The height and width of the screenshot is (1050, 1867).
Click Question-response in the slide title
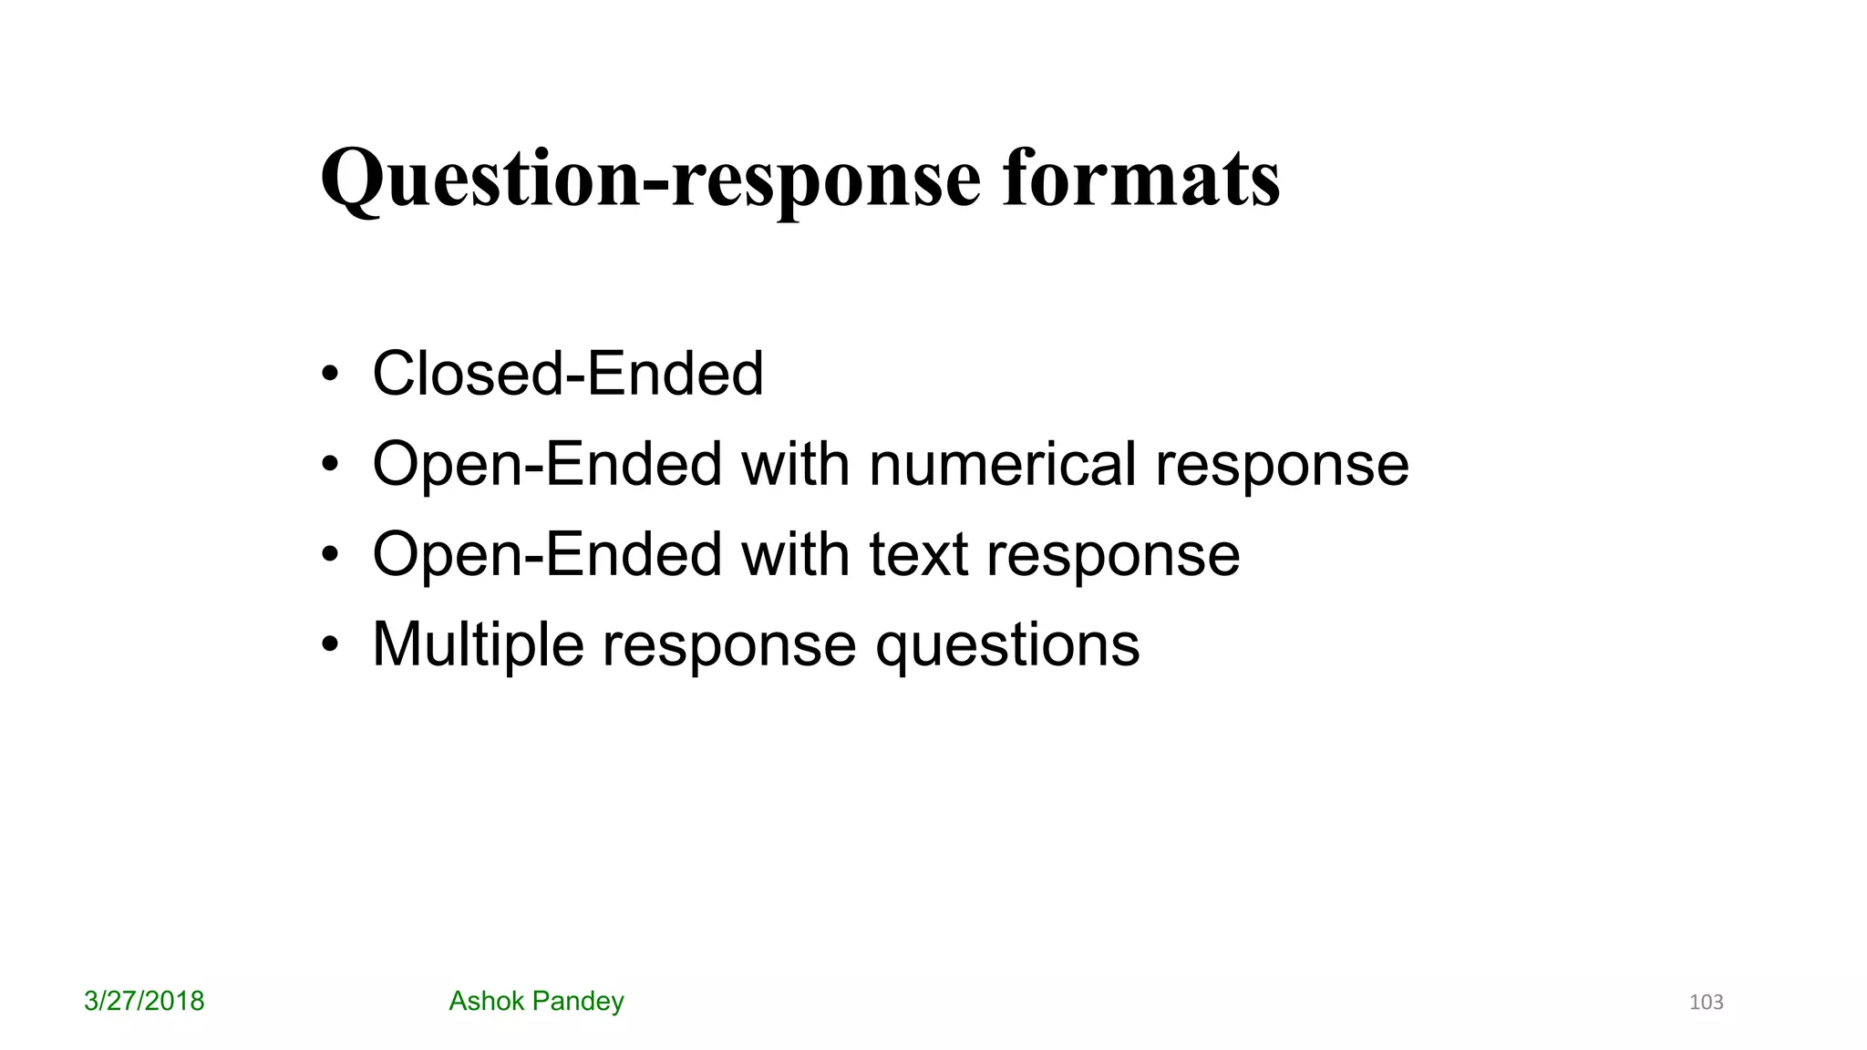click(650, 179)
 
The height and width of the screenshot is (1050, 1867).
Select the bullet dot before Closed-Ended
click(330, 375)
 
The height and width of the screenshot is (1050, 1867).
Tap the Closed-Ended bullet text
click(567, 374)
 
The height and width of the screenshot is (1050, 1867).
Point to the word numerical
click(1002, 464)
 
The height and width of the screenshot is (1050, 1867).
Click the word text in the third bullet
click(917, 554)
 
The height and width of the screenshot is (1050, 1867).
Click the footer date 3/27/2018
click(144, 1001)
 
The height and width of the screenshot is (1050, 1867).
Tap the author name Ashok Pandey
click(536, 1001)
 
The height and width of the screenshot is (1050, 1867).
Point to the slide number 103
click(1706, 1003)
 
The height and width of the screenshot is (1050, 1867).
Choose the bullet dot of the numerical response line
click(330, 465)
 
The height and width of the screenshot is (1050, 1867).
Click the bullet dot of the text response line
click(330, 555)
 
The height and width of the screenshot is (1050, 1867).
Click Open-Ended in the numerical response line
click(547, 464)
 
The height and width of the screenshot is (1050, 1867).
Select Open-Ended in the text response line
click(547, 554)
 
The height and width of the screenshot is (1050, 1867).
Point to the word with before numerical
click(795, 464)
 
